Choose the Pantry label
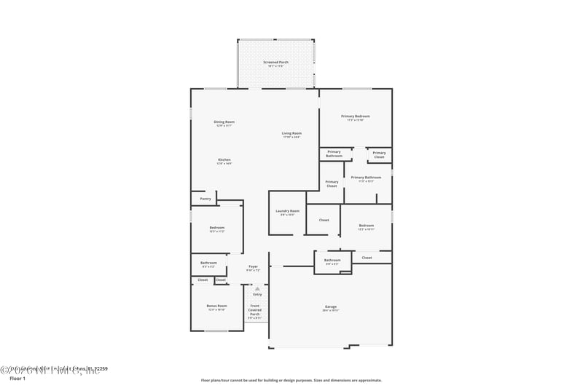(x=206, y=198)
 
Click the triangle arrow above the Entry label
(x=257, y=288)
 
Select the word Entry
(x=257, y=294)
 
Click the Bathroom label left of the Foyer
(x=208, y=264)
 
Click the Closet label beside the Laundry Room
(x=324, y=220)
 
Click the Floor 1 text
(x=17, y=379)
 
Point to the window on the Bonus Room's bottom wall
(x=216, y=331)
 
